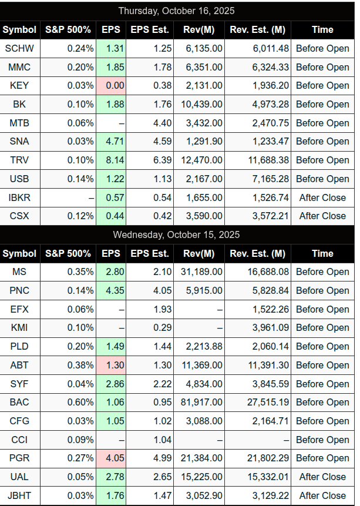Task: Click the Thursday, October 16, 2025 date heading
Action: pyautogui.click(x=177, y=11)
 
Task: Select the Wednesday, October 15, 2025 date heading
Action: pyautogui.click(x=177, y=234)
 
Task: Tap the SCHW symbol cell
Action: pyautogui.click(x=19, y=48)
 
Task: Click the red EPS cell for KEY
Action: pyautogui.click(x=110, y=85)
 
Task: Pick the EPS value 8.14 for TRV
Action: pyautogui.click(x=110, y=160)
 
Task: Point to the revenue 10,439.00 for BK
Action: pyautogui.click(x=199, y=104)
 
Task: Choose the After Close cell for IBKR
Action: pyautogui.click(x=322, y=197)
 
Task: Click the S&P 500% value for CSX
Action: pyautogui.click(x=68, y=216)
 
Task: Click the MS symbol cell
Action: pyautogui.click(x=19, y=272)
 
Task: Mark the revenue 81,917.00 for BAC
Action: pyautogui.click(x=199, y=402)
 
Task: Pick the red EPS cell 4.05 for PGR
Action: pyautogui.click(x=110, y=458)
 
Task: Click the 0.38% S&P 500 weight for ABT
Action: pyautogui.click(x=68, y=365)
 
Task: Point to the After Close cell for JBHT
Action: pyautogui.click(x=322, y=495)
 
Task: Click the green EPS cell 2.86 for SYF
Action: pyautogui.click(x=110, y=384)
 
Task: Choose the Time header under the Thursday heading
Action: pyautogui.click(x=322, y=29)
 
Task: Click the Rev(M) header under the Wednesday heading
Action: pyautogui.click(x=199, y=253)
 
